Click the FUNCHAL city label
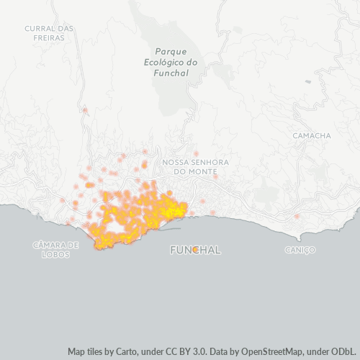coord(195,250)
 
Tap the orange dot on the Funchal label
coord(195,250)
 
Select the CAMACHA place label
coord(312,135)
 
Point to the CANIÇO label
coord(300,250)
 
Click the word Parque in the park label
coord(171,51)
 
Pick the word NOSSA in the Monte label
coord(176,162)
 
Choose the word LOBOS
coord(56,254)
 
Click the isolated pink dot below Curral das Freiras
coord(85,110)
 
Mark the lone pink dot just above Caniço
coord(297,216)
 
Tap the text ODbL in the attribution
coord(343,352)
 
